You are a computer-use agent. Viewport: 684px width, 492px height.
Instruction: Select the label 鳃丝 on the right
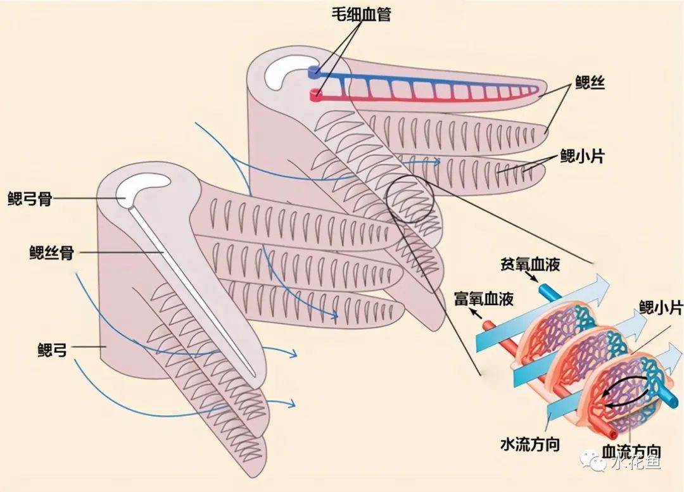tap(590, 83)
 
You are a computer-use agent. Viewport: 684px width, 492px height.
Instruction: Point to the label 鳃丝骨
tap(51, 253)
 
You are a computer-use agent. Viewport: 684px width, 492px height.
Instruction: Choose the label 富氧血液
tap(483, 297)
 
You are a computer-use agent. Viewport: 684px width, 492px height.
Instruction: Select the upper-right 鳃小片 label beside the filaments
tap(581, 156)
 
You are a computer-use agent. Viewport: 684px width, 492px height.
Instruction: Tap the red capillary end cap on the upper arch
tap(315, 96)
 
